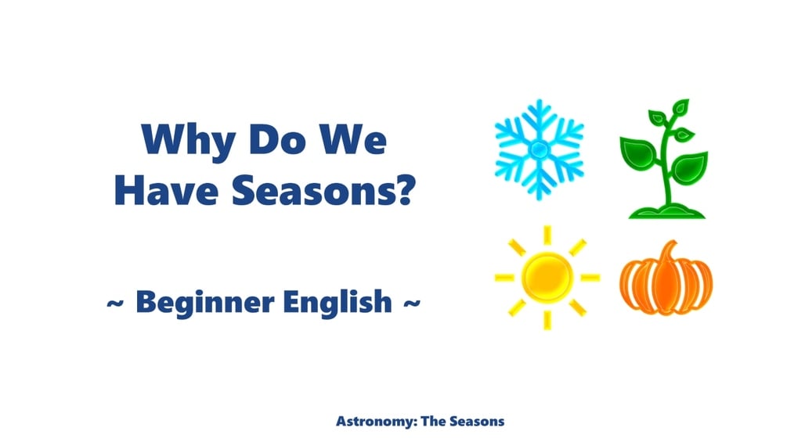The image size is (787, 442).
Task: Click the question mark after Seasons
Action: click(x=403, y=190)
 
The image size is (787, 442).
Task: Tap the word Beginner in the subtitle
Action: click(x=201, y=301)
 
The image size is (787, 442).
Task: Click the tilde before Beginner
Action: click(x=115, y=302)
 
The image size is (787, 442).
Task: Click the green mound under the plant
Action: click(x=665, y=210)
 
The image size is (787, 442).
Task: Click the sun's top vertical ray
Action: click(x=547, y=234)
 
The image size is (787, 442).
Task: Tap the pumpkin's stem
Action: click(x=667, y=252)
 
